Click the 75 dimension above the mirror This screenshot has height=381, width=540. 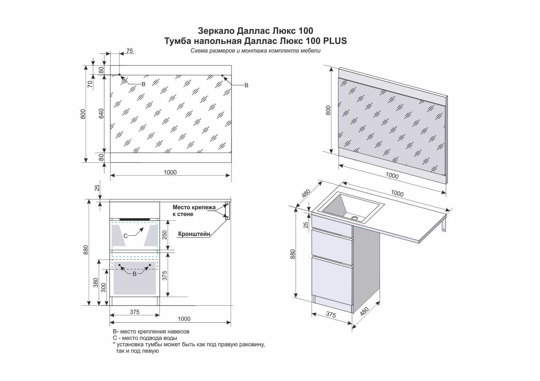pyautogui.click(x=130, y=51)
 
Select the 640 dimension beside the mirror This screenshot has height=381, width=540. pyautogui.click(x=101, y=113)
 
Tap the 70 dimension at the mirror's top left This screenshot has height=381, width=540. pyautogui.click(x=90, y=84)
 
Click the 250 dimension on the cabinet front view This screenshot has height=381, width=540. pyautogui.click(x=165, y=235)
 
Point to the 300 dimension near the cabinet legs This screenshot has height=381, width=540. pyautogui.click(x=103, y=288)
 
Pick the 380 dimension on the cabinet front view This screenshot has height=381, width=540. pyautogui.click(x=96, y=283)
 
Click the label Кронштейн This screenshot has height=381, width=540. pyautogui.click(x=194, y=234)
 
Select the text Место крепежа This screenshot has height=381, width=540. pyautogui.click(x=194, y=207)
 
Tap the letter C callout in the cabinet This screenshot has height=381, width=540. pyautogui.click(x=125, y=236)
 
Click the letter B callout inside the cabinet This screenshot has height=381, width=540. pyautogui.click(x=135, y=274)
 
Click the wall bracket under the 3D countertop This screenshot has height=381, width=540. pyautogui.click(x=444, y=222)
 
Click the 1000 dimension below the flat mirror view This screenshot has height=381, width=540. pyautogui.click(x=170, y=172)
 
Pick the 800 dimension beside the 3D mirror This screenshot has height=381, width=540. pyautogui.click(x=328, y=110)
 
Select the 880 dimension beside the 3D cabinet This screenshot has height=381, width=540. pyautogui.click(x=293, y=254)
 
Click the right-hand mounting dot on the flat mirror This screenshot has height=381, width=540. pyautogui.click(x=222, y=75)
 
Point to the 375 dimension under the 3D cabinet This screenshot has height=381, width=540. pyautogui.click(x=331, y=315)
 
